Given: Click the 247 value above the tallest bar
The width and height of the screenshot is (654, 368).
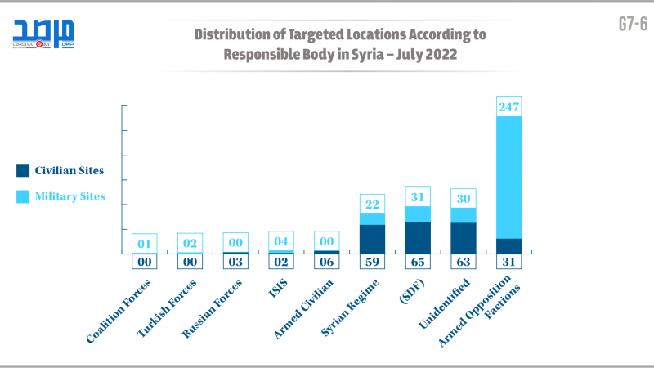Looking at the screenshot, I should pos(508,106).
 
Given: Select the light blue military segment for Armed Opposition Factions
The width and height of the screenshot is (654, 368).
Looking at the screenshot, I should pos(508,176).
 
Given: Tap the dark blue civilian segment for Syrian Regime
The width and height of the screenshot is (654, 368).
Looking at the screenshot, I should pos(372,239).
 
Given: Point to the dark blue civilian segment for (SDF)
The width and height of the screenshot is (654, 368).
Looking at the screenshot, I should pos(418,237).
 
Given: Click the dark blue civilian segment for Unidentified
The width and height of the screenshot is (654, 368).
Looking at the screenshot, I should pos(464,238).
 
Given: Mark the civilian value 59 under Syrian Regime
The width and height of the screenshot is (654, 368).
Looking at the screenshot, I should pos(372,262).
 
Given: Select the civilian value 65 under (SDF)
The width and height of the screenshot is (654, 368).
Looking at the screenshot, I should pos(418,262).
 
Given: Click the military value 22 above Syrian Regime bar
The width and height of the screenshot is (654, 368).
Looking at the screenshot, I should pos(372,204).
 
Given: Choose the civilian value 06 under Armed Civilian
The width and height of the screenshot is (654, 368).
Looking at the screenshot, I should pos(326,262).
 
